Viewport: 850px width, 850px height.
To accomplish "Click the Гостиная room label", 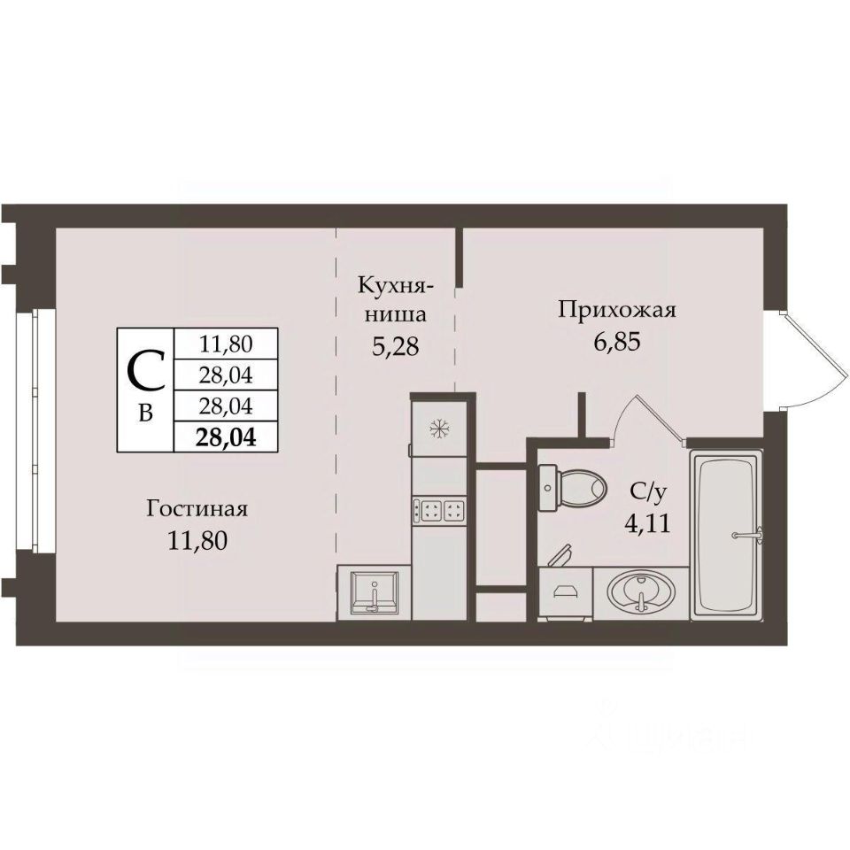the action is click(197, 509).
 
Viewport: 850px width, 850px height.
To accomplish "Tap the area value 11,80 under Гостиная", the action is click(197, 540).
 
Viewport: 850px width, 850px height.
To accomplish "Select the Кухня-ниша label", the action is click(395, 299).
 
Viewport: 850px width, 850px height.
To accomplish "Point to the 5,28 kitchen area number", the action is click(395, 346).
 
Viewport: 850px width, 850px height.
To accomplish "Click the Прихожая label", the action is click(617, 311).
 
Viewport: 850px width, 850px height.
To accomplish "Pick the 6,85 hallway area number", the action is click(617, 342).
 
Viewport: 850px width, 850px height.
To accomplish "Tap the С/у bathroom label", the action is click(646, 492).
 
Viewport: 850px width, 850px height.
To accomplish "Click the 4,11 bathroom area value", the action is click(647, 523).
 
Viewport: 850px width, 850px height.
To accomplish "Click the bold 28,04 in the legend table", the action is click(226, 437).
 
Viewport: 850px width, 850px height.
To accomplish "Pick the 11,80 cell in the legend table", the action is click(226, 344).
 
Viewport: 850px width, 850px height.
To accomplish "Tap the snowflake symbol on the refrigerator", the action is click(439, 429).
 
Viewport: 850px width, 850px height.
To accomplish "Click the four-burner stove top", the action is click(439, 510).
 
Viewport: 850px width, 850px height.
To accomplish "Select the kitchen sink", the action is click(374, 592).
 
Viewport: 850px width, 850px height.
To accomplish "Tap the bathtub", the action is click(726, 536).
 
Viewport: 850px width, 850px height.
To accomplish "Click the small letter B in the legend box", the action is click(145, 413).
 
